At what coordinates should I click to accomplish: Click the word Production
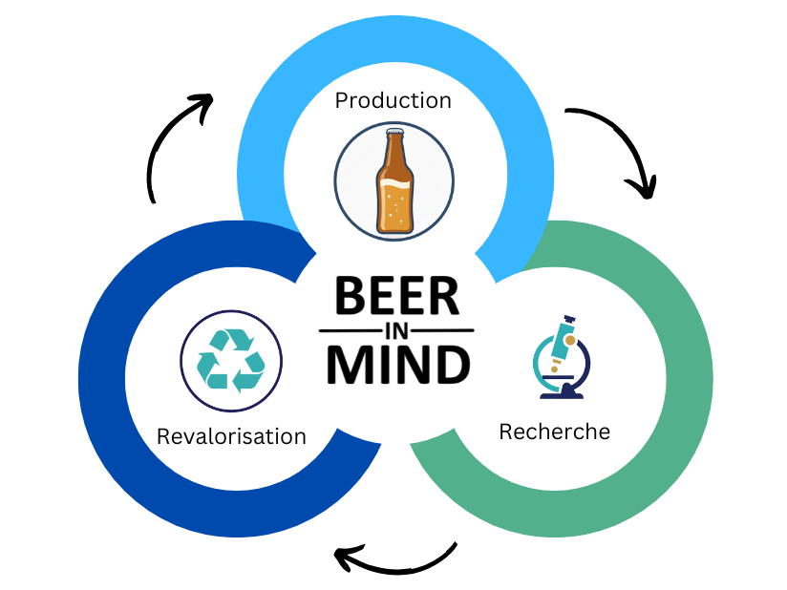(x=393, y=101)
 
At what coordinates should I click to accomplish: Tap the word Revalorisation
(x=231, y=436)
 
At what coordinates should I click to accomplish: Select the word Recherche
(x=555, y=432)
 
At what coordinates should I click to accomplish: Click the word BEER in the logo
(x=396, y=296)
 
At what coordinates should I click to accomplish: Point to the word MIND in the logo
(x=398, y=365)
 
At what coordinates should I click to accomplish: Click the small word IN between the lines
(x=397, y=331)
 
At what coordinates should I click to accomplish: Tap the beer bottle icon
(x=395, y=180)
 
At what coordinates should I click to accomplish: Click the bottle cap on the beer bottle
(x=395, y=132)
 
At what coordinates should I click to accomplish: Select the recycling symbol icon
(x=231, y=360)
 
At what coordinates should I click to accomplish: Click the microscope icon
(x=562, y=357)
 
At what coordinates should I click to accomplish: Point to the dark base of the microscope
(x=562, y=392)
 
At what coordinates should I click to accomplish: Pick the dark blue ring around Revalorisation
(x=103, y=379)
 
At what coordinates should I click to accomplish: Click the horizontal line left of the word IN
(x=351, y=330)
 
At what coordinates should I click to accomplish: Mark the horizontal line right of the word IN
(x=442, y=330)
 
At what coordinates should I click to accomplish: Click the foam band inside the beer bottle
(x=395, y=183)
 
